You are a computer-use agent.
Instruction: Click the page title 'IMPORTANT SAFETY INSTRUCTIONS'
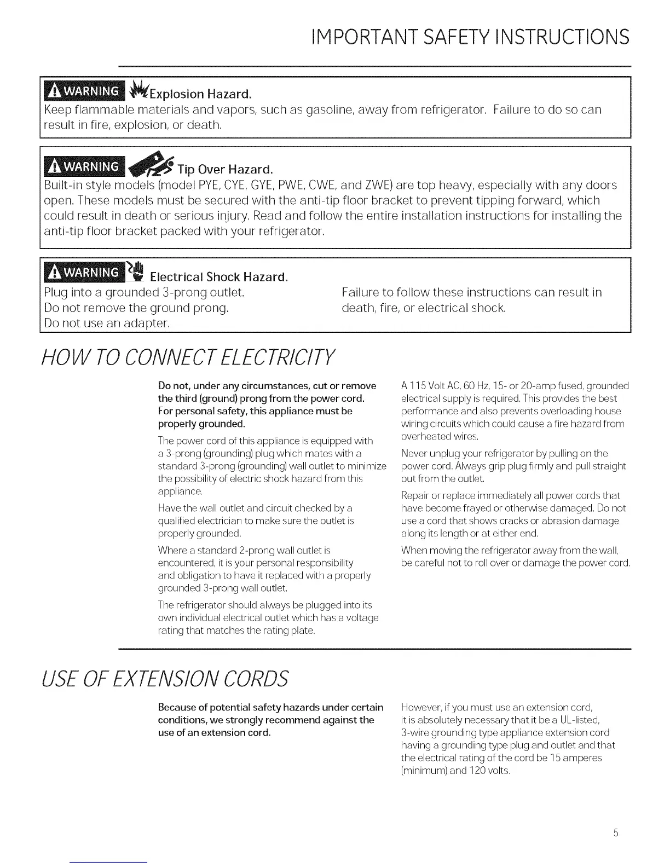tap(469, 36)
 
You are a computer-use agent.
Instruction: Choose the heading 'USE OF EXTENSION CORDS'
tap(165, 678)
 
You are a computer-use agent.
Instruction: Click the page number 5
tap(615, 833)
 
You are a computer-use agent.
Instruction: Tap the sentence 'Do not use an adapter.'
tap(107, 323)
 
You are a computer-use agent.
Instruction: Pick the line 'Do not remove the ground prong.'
tap(136, 308)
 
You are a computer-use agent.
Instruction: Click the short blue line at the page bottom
tap(109, 862)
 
